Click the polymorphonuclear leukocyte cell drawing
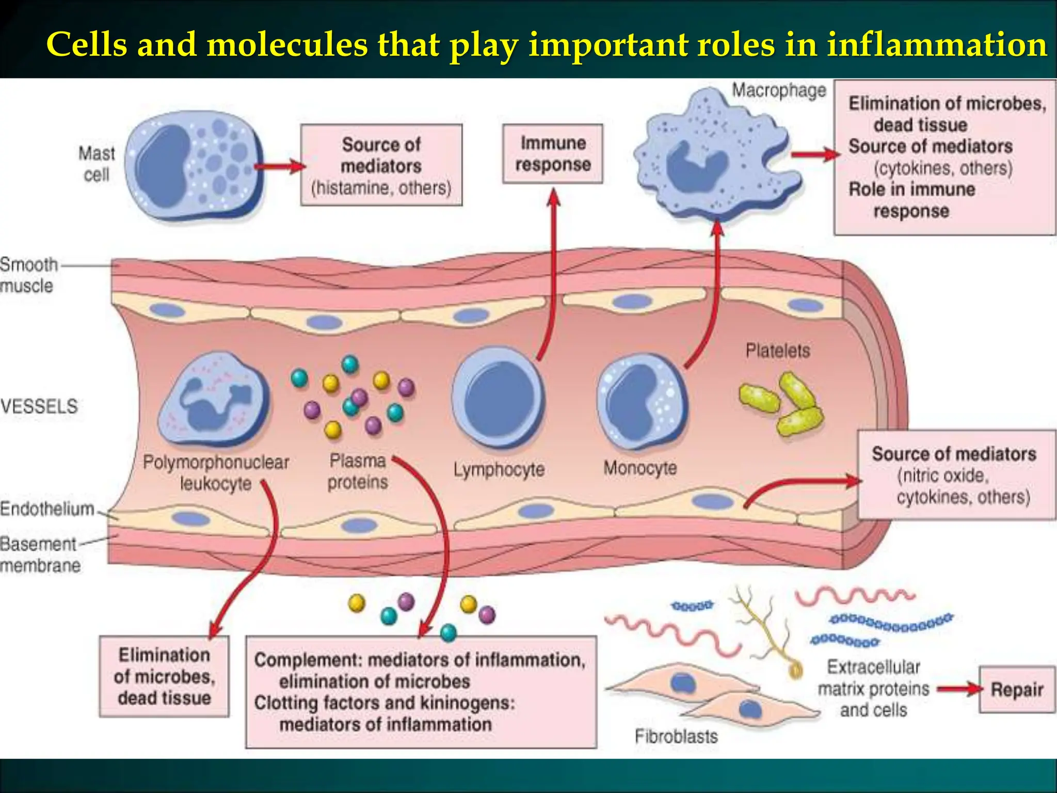tap(214, 400)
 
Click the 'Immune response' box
tap(553, 154)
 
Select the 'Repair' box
tap(1017, 690)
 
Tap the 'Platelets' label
tap(778, 351)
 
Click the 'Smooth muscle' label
tap(28, 275)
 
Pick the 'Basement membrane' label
tap(40, 554)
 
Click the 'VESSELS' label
tap(39, 406)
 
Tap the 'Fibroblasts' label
tap(676, 736)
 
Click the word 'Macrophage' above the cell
tap(779, 91)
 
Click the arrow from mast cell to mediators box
tap(279, 166)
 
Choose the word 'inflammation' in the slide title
tap(937, 44)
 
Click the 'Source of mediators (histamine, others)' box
tap(381, 165)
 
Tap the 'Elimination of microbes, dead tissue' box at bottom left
tap(164, 676)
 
